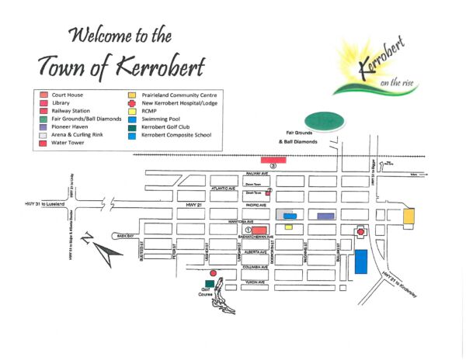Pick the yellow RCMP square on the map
pyautogui.click(x=288, y=227)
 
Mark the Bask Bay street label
pyautogui.click(x=125, y=235)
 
